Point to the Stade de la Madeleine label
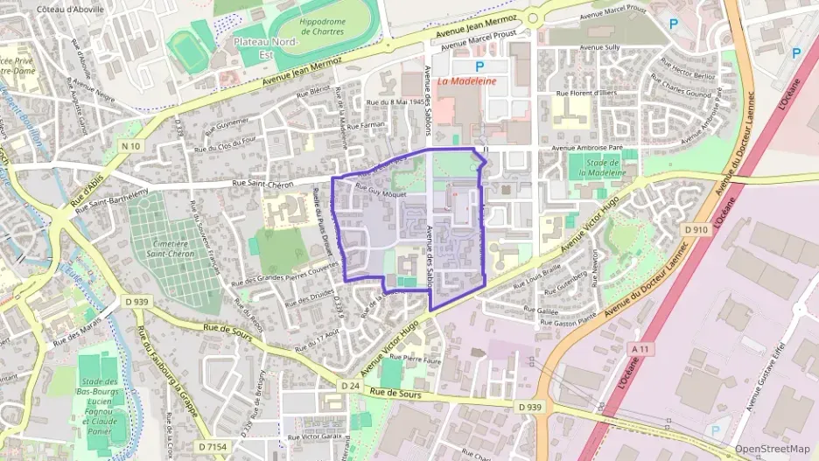(x=602, y=167)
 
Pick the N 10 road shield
(x=131, y=145)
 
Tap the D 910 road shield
(x=696, y=229)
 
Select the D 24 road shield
(x=349, y=385)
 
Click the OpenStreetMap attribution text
(x=772, y=449)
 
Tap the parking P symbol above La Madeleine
(x=479, y=66)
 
